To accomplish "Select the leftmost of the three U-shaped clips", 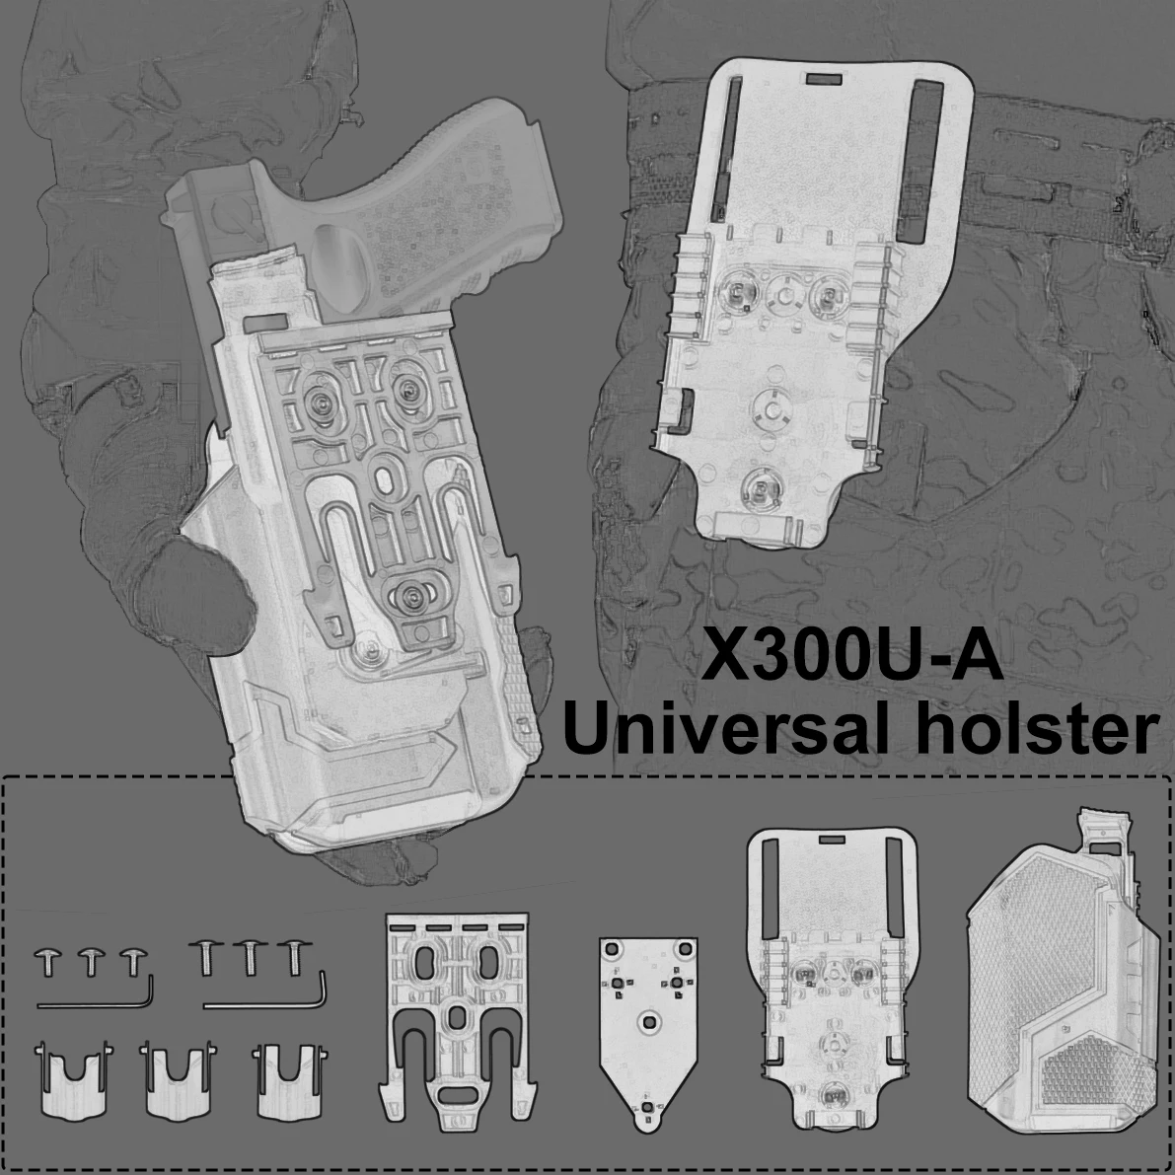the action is pos(73,1080).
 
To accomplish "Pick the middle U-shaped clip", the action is pos(177,1080).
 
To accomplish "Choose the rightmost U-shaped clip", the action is pos(289,1080).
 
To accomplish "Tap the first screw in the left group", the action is pos(48,961).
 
